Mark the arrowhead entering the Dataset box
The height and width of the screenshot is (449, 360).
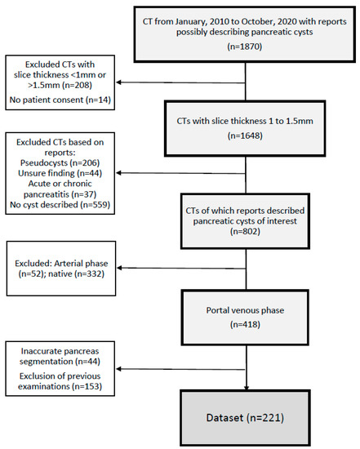pos(245,388)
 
